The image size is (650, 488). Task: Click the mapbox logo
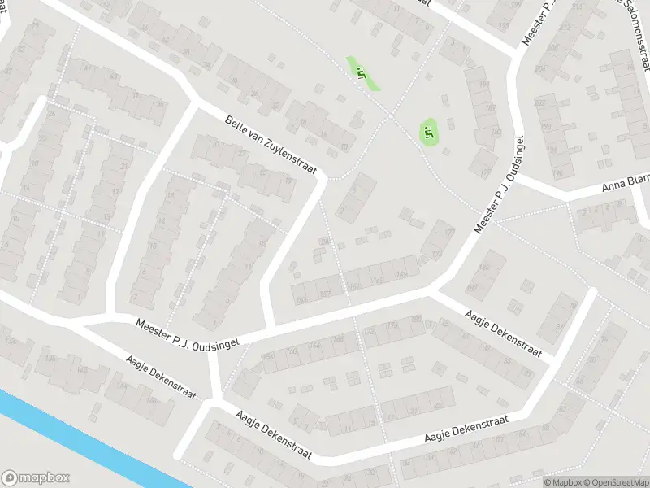[x=36, y=478]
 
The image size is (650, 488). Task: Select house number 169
[x=401, y=274]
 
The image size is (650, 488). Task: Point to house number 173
[x=437, y=255]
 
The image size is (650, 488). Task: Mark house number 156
[x=267, y=355]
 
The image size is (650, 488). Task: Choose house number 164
[x=314, y=345]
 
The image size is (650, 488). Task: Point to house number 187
[x=489, y=107]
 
